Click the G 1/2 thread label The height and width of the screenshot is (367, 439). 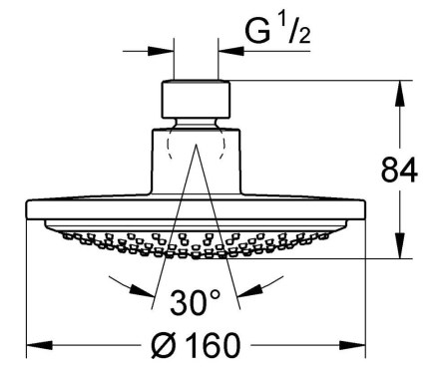[277, 32]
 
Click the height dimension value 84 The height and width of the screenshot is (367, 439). [399, 170]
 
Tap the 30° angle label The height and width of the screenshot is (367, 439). [196, 302]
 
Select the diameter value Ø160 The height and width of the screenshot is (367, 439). [196, 345]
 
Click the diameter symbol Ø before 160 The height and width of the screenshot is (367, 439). [162, 345]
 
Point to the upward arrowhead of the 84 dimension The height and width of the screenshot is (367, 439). [399, 94]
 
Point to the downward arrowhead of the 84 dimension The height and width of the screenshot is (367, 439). [399, 245]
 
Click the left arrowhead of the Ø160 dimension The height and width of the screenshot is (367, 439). [39, 345]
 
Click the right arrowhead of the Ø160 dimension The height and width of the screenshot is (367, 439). [352, 345]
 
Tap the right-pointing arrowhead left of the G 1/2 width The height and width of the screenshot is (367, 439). [162, 51]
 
